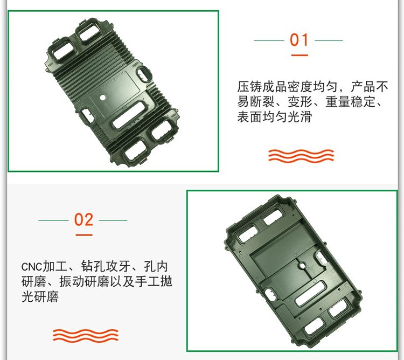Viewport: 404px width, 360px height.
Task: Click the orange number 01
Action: point(299,40)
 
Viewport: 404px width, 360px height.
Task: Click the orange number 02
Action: point(83,220)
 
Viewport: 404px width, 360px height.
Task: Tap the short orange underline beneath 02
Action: point(83,234)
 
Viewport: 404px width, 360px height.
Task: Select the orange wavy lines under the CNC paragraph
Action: point(85,335)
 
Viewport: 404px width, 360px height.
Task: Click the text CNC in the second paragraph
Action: point(32,267)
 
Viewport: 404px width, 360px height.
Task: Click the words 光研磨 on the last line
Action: point(40,297)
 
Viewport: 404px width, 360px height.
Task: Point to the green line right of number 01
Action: point(329,40)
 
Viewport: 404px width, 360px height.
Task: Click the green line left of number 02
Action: point(53,220)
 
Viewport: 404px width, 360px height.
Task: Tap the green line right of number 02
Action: point(113,220)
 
